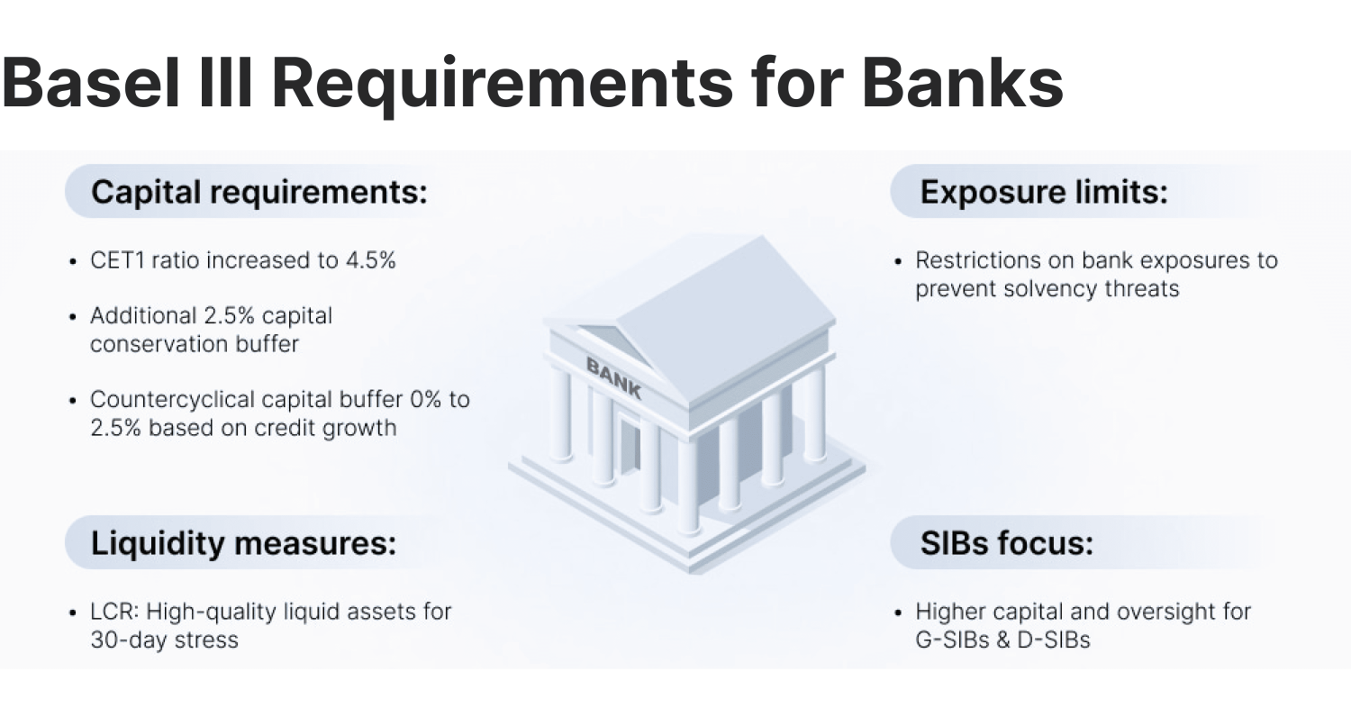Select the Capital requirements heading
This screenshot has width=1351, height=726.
[259, 192]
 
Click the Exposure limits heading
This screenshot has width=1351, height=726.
[1043, 192]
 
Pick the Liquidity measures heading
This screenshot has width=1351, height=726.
[243, 544]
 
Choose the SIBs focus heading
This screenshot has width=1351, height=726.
[1006, 544]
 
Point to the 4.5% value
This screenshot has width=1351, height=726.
[370, 260]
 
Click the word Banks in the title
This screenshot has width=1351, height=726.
[962, 82]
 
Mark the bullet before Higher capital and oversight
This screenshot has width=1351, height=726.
[898, 613]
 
